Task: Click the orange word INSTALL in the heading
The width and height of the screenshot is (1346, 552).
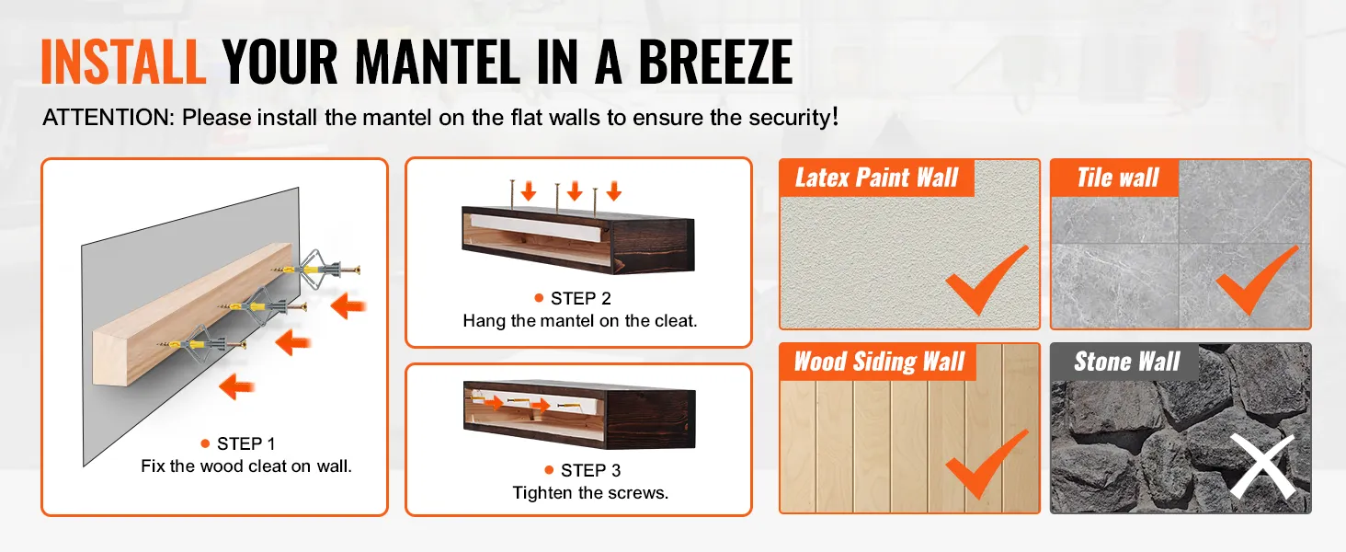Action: [x=123, y=62]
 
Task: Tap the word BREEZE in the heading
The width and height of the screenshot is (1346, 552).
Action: [x=715, y=62]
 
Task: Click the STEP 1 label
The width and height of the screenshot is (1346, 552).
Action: [x=245, y=443]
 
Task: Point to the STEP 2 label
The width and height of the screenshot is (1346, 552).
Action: [x=580, y=298]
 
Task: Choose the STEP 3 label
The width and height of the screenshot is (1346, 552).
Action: [x=590, y=470]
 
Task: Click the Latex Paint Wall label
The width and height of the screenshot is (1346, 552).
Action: [x=877, y=178]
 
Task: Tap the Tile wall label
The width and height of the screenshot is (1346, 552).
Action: [x=1118, y=178]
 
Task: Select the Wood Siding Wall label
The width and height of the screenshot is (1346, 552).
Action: [x=879, y=362]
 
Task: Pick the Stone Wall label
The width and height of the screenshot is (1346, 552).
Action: [x=1126, y=362]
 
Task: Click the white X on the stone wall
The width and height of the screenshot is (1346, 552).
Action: [x=1261, y=466]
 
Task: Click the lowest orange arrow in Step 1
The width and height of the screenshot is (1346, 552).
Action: [x=236, y=386]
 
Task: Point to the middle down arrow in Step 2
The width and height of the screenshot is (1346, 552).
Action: [x=575, y=190]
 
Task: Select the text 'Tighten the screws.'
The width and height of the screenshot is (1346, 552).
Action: [x=590, y=493]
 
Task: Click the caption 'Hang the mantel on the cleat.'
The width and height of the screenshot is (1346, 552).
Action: [x=580, y=321]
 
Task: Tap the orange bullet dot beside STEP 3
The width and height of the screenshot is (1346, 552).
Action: [x=549, y=470]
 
